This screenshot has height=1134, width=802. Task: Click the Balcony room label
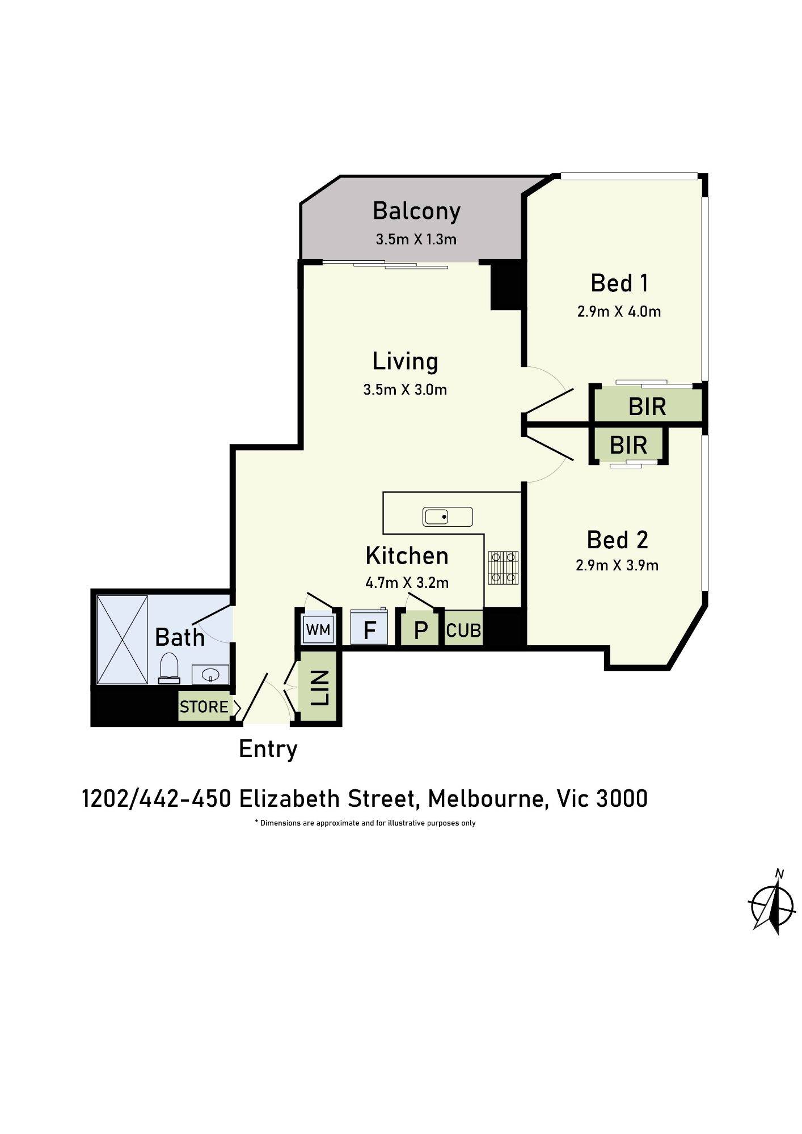point(416,211)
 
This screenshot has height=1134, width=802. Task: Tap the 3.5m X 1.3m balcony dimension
point(416,239)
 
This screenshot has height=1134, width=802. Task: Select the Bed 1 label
point(619,283)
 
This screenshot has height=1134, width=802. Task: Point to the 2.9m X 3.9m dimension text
point(617,565)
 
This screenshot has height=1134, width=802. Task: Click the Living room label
point(405,362)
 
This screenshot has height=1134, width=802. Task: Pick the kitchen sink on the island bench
point(448,517)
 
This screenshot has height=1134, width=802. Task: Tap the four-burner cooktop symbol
point(503,568)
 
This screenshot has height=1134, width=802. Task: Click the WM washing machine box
point(318,629)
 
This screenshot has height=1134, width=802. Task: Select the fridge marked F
point(369,628)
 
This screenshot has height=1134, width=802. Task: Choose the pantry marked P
point(420,629)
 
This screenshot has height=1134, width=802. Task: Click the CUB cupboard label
point(463,630)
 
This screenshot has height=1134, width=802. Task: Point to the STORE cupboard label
point(204,706)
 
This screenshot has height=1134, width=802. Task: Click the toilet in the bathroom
point(169,668)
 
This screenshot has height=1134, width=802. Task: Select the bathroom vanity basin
point(210,675)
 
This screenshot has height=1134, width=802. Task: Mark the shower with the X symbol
point(122,640)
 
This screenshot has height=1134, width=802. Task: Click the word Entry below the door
point(268,749)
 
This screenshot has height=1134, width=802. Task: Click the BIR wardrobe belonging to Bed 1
point(647,406)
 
